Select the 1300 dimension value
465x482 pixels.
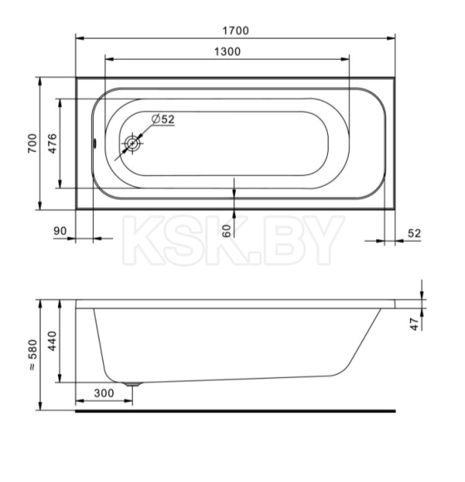coord(227,52)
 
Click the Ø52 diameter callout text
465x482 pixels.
coord(163,120)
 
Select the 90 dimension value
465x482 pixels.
coord(61,233)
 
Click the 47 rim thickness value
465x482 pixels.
coord(414,325)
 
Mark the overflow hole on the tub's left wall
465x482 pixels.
coord(95,143)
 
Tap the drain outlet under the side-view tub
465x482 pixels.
coord(130,384)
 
